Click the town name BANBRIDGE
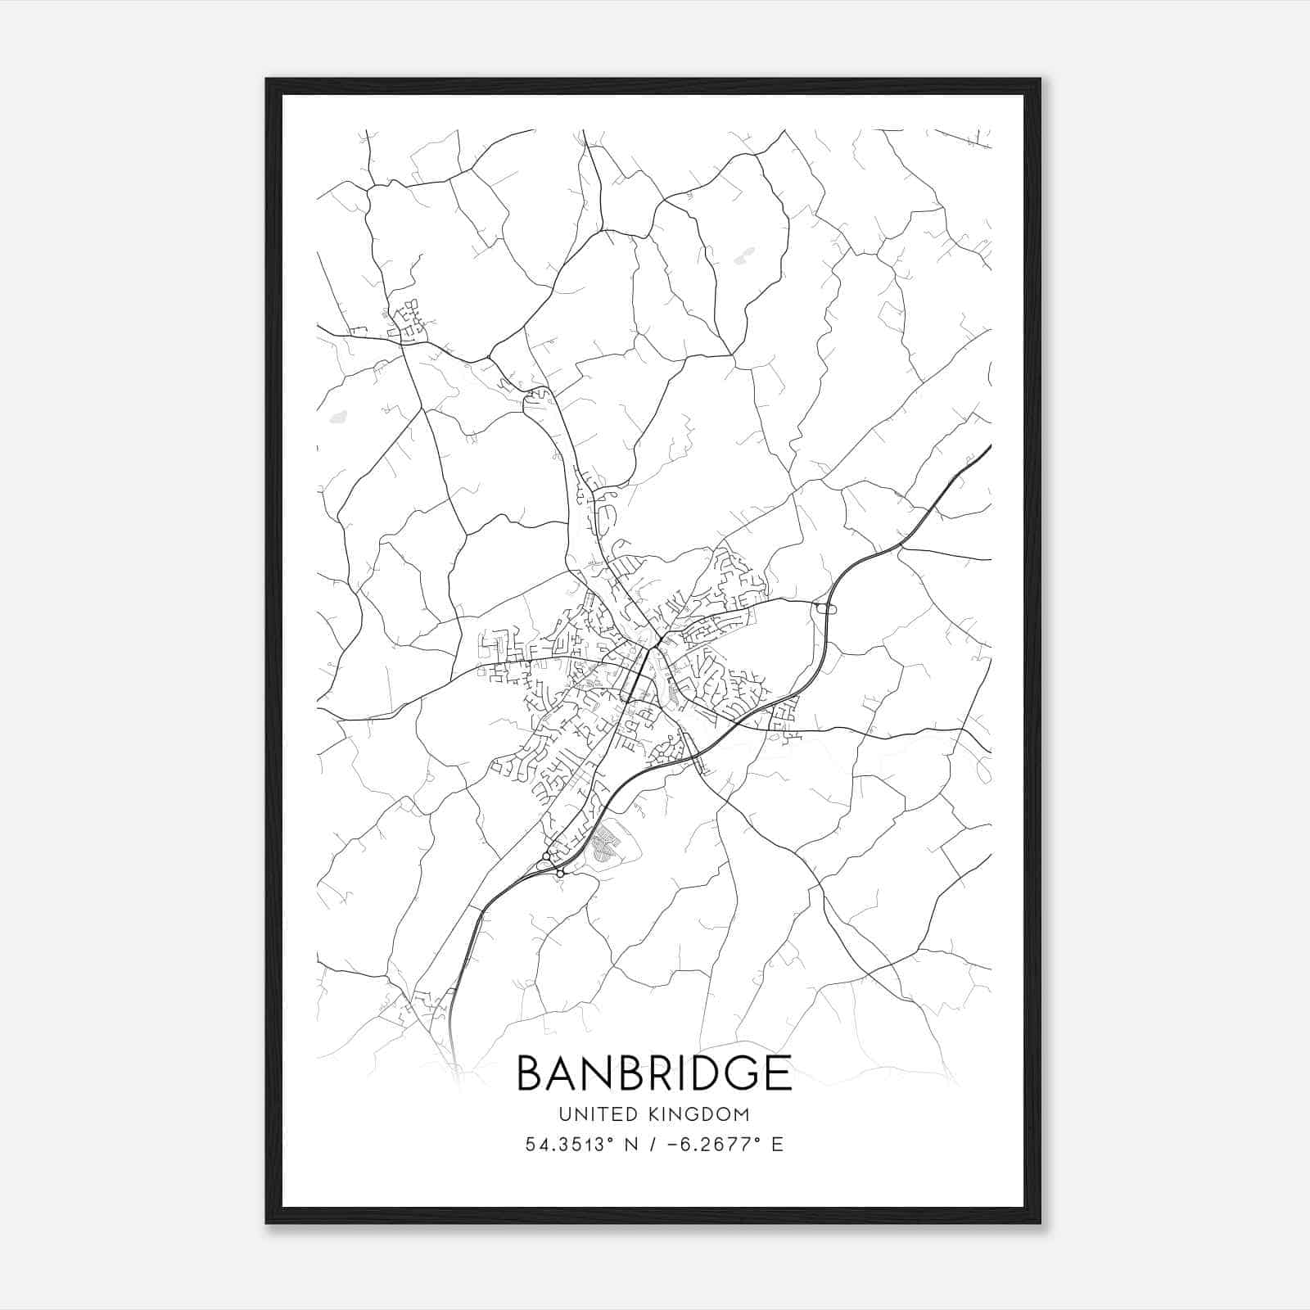[x=654, y=1073]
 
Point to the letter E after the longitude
[x=777, y=1144]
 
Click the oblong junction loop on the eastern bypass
[x=824, y=608]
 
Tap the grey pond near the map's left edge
[x=336, y=417]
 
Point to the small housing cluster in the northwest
[x=408, y=321]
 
